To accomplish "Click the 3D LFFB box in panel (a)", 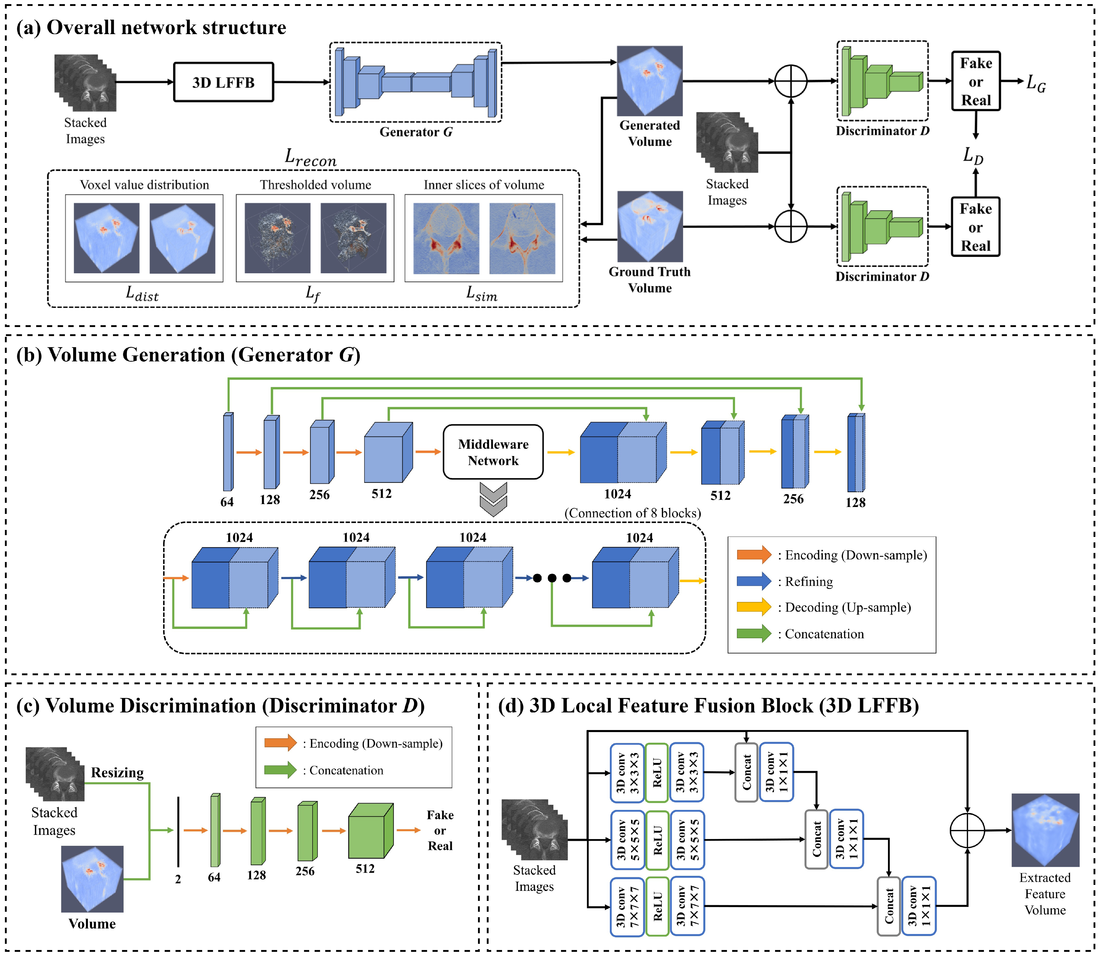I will point(223,82).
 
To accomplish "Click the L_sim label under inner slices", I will point(481,293).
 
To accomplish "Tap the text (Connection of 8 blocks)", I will point(632,513).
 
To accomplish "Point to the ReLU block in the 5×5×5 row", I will point(657,840).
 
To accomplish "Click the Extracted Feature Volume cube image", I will point(1045,830).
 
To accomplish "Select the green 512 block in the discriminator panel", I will point(370,831).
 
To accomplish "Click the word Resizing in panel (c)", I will point(117,773).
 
